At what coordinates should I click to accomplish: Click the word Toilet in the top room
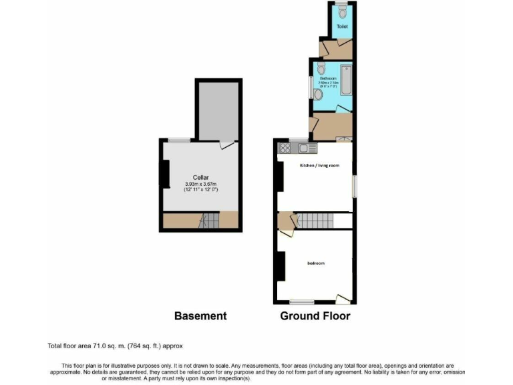point(342,27)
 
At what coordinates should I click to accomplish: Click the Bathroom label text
point(327,78)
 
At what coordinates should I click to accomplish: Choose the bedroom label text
point(316,263)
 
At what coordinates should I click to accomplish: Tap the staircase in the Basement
point(210,220)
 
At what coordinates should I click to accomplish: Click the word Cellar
point(201,177)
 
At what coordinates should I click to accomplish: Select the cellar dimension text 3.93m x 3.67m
point(201,184)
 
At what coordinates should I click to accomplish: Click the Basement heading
point(200,316)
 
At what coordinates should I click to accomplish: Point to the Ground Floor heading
point(315,316)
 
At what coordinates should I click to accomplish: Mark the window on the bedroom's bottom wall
point(302,301)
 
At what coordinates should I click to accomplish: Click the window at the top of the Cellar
point(178,140)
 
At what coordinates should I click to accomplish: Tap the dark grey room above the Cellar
point(218,110)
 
